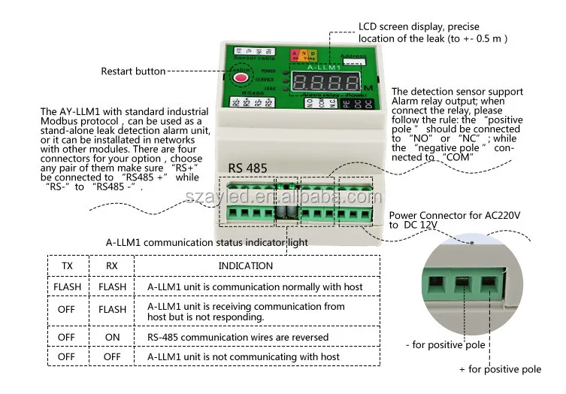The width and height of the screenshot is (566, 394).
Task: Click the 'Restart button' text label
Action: point(133,71)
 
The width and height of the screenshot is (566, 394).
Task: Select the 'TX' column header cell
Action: point(68,265)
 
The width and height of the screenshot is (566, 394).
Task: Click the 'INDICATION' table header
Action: point(246,265)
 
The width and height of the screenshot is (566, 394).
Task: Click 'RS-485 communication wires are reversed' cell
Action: point(238,338)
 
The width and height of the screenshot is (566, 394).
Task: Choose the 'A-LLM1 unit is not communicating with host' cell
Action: point(244,356)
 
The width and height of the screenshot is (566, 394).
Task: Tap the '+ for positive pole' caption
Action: point(500,369)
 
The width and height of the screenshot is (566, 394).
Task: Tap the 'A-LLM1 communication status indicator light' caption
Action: point(207,242)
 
